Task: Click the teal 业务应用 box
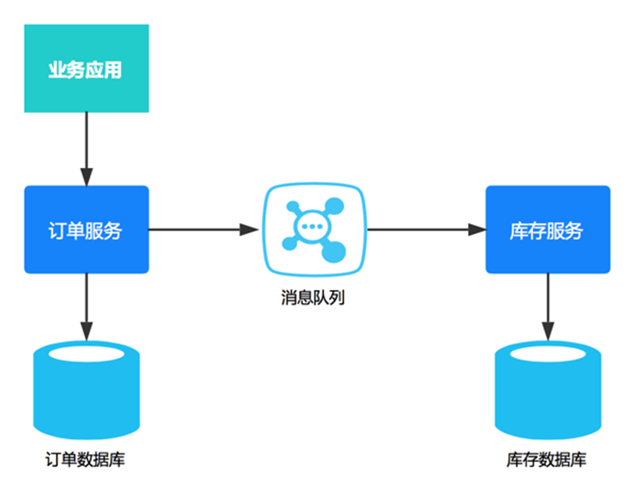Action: click(x=86, y=69)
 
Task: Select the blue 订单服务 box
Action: click(x=86, y=229)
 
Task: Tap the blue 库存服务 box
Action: click(x=548, y=229)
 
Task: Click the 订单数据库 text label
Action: click(x=85, y=459)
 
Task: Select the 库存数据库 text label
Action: click(x=546, y=459)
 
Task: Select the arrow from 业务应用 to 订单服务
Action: click(x=86, y=147)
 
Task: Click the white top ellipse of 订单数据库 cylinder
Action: click(x=86, y=354)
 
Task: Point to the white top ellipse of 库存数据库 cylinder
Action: click(x=548, y=354)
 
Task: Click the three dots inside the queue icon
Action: click(x=311, y=227)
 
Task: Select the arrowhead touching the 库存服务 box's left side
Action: click(x=477, y=229)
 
